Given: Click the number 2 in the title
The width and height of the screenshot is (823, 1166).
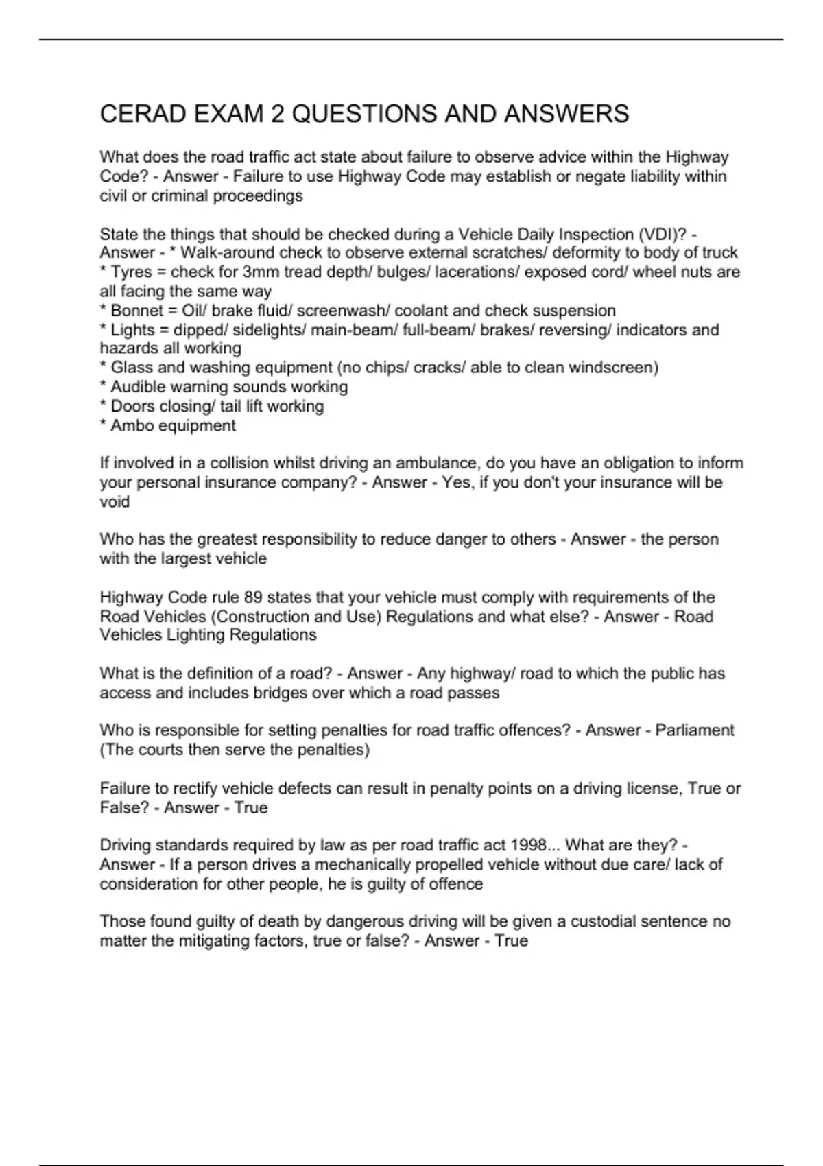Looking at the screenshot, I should (277, 114).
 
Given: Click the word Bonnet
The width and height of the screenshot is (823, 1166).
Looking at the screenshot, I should (136, 311).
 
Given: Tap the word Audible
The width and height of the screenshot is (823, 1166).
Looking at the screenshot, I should (138, 387).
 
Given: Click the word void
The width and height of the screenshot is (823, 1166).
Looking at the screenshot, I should (115, 502).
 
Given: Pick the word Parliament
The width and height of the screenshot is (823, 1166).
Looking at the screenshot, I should (694, 730).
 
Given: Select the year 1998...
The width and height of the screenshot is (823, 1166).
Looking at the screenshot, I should (527, 845).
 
